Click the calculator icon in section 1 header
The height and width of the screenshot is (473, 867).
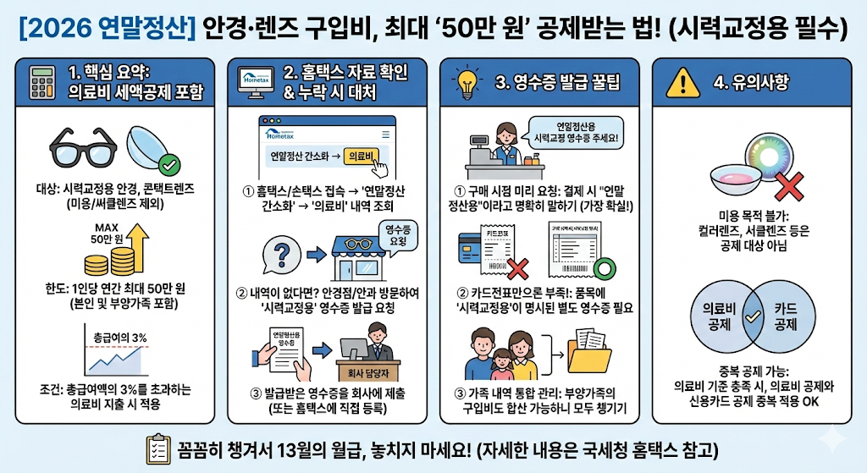pos(40,85)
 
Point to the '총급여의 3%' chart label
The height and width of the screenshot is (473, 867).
pos(118,338)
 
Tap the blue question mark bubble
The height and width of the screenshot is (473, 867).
pos(277,254)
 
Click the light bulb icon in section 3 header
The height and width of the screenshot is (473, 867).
pos(468,83)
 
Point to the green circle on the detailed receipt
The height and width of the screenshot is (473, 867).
pos(607,271)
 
